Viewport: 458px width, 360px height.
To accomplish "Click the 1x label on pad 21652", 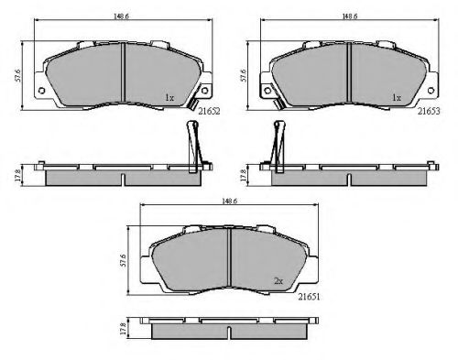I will click(x=169, y=97).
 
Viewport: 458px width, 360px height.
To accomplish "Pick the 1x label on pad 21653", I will click(x=396, y=97).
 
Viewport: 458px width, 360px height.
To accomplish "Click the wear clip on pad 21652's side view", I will click(x=194, y=146).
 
